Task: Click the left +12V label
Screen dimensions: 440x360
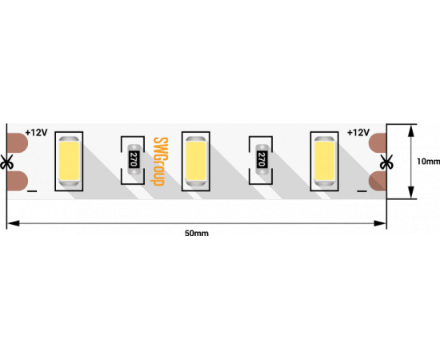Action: coord(37,133)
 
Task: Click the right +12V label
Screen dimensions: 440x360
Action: coord(358,133)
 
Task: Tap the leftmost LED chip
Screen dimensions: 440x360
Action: coord(69,162)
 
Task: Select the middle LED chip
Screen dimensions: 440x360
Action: coord(196,162)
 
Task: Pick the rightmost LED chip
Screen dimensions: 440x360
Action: coord(324,162)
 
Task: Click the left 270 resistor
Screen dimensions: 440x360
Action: coord(134,160)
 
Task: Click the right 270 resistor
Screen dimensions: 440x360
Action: coord(262,160)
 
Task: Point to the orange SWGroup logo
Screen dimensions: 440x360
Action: coord(161,162)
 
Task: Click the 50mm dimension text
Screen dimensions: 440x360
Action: coord(197,233)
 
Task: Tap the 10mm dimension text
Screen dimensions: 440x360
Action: coord(428,162)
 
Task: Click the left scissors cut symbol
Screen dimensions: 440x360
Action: coord(6,162)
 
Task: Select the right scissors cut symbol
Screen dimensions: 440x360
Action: coord(386,162)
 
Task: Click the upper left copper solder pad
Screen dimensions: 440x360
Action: coord(17,143)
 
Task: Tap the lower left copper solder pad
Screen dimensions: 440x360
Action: coord(17,181)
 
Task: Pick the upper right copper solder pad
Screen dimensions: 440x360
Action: coord(378,143)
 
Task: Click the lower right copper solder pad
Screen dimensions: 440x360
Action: coord(378,181)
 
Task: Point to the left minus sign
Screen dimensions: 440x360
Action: coord(32,191)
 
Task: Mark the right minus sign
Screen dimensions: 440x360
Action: coord(362,191)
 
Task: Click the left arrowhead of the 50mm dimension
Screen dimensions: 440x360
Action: coord(13,223)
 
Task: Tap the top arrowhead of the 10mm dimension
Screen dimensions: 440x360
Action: coord(411,130)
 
